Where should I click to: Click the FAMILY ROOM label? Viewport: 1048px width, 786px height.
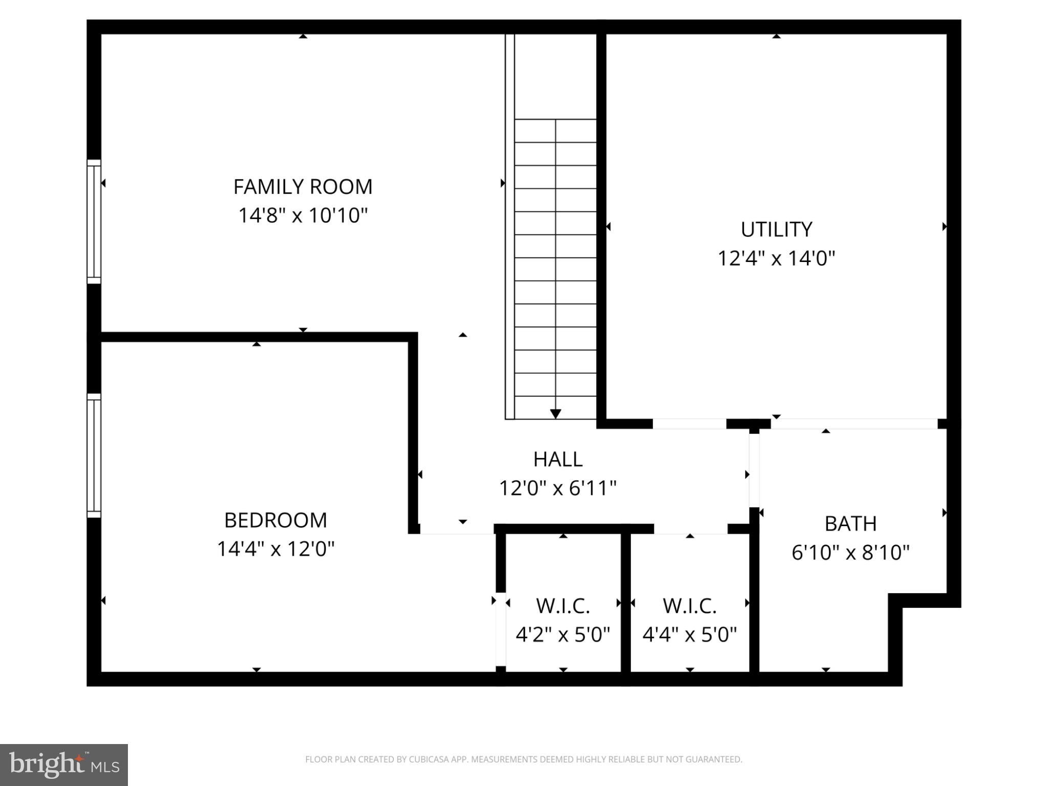coord(303,187)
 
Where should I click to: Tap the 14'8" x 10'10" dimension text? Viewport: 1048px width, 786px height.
coord(303,215)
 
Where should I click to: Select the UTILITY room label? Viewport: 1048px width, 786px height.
coord(776,229)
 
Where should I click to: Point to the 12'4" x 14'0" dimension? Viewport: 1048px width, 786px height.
coord(776,258)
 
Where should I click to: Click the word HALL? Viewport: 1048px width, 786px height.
coord(558,460)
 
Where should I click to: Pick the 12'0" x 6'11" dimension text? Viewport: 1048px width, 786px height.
coord(558,488)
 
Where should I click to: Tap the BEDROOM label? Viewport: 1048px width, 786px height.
coord(275,520)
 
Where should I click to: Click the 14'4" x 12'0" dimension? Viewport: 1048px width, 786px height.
coord(275,549)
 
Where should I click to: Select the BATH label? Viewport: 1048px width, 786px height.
coord(850,524)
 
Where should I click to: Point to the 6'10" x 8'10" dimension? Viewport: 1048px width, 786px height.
coord(850,553)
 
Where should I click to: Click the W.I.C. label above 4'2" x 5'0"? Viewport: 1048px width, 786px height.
coord(563,606)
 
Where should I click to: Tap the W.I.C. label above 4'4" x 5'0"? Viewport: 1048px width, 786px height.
coord(690,606)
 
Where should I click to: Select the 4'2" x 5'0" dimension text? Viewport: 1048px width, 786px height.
coord(563,635)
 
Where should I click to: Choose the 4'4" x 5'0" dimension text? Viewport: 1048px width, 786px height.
coord(690,635)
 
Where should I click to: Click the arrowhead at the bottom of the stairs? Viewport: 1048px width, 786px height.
coord(555,414)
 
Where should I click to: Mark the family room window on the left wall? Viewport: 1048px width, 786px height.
coord(94,222)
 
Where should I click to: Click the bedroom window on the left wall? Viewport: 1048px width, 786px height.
coord(94,455)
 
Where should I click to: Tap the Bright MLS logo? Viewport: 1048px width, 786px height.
coord(64,765)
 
